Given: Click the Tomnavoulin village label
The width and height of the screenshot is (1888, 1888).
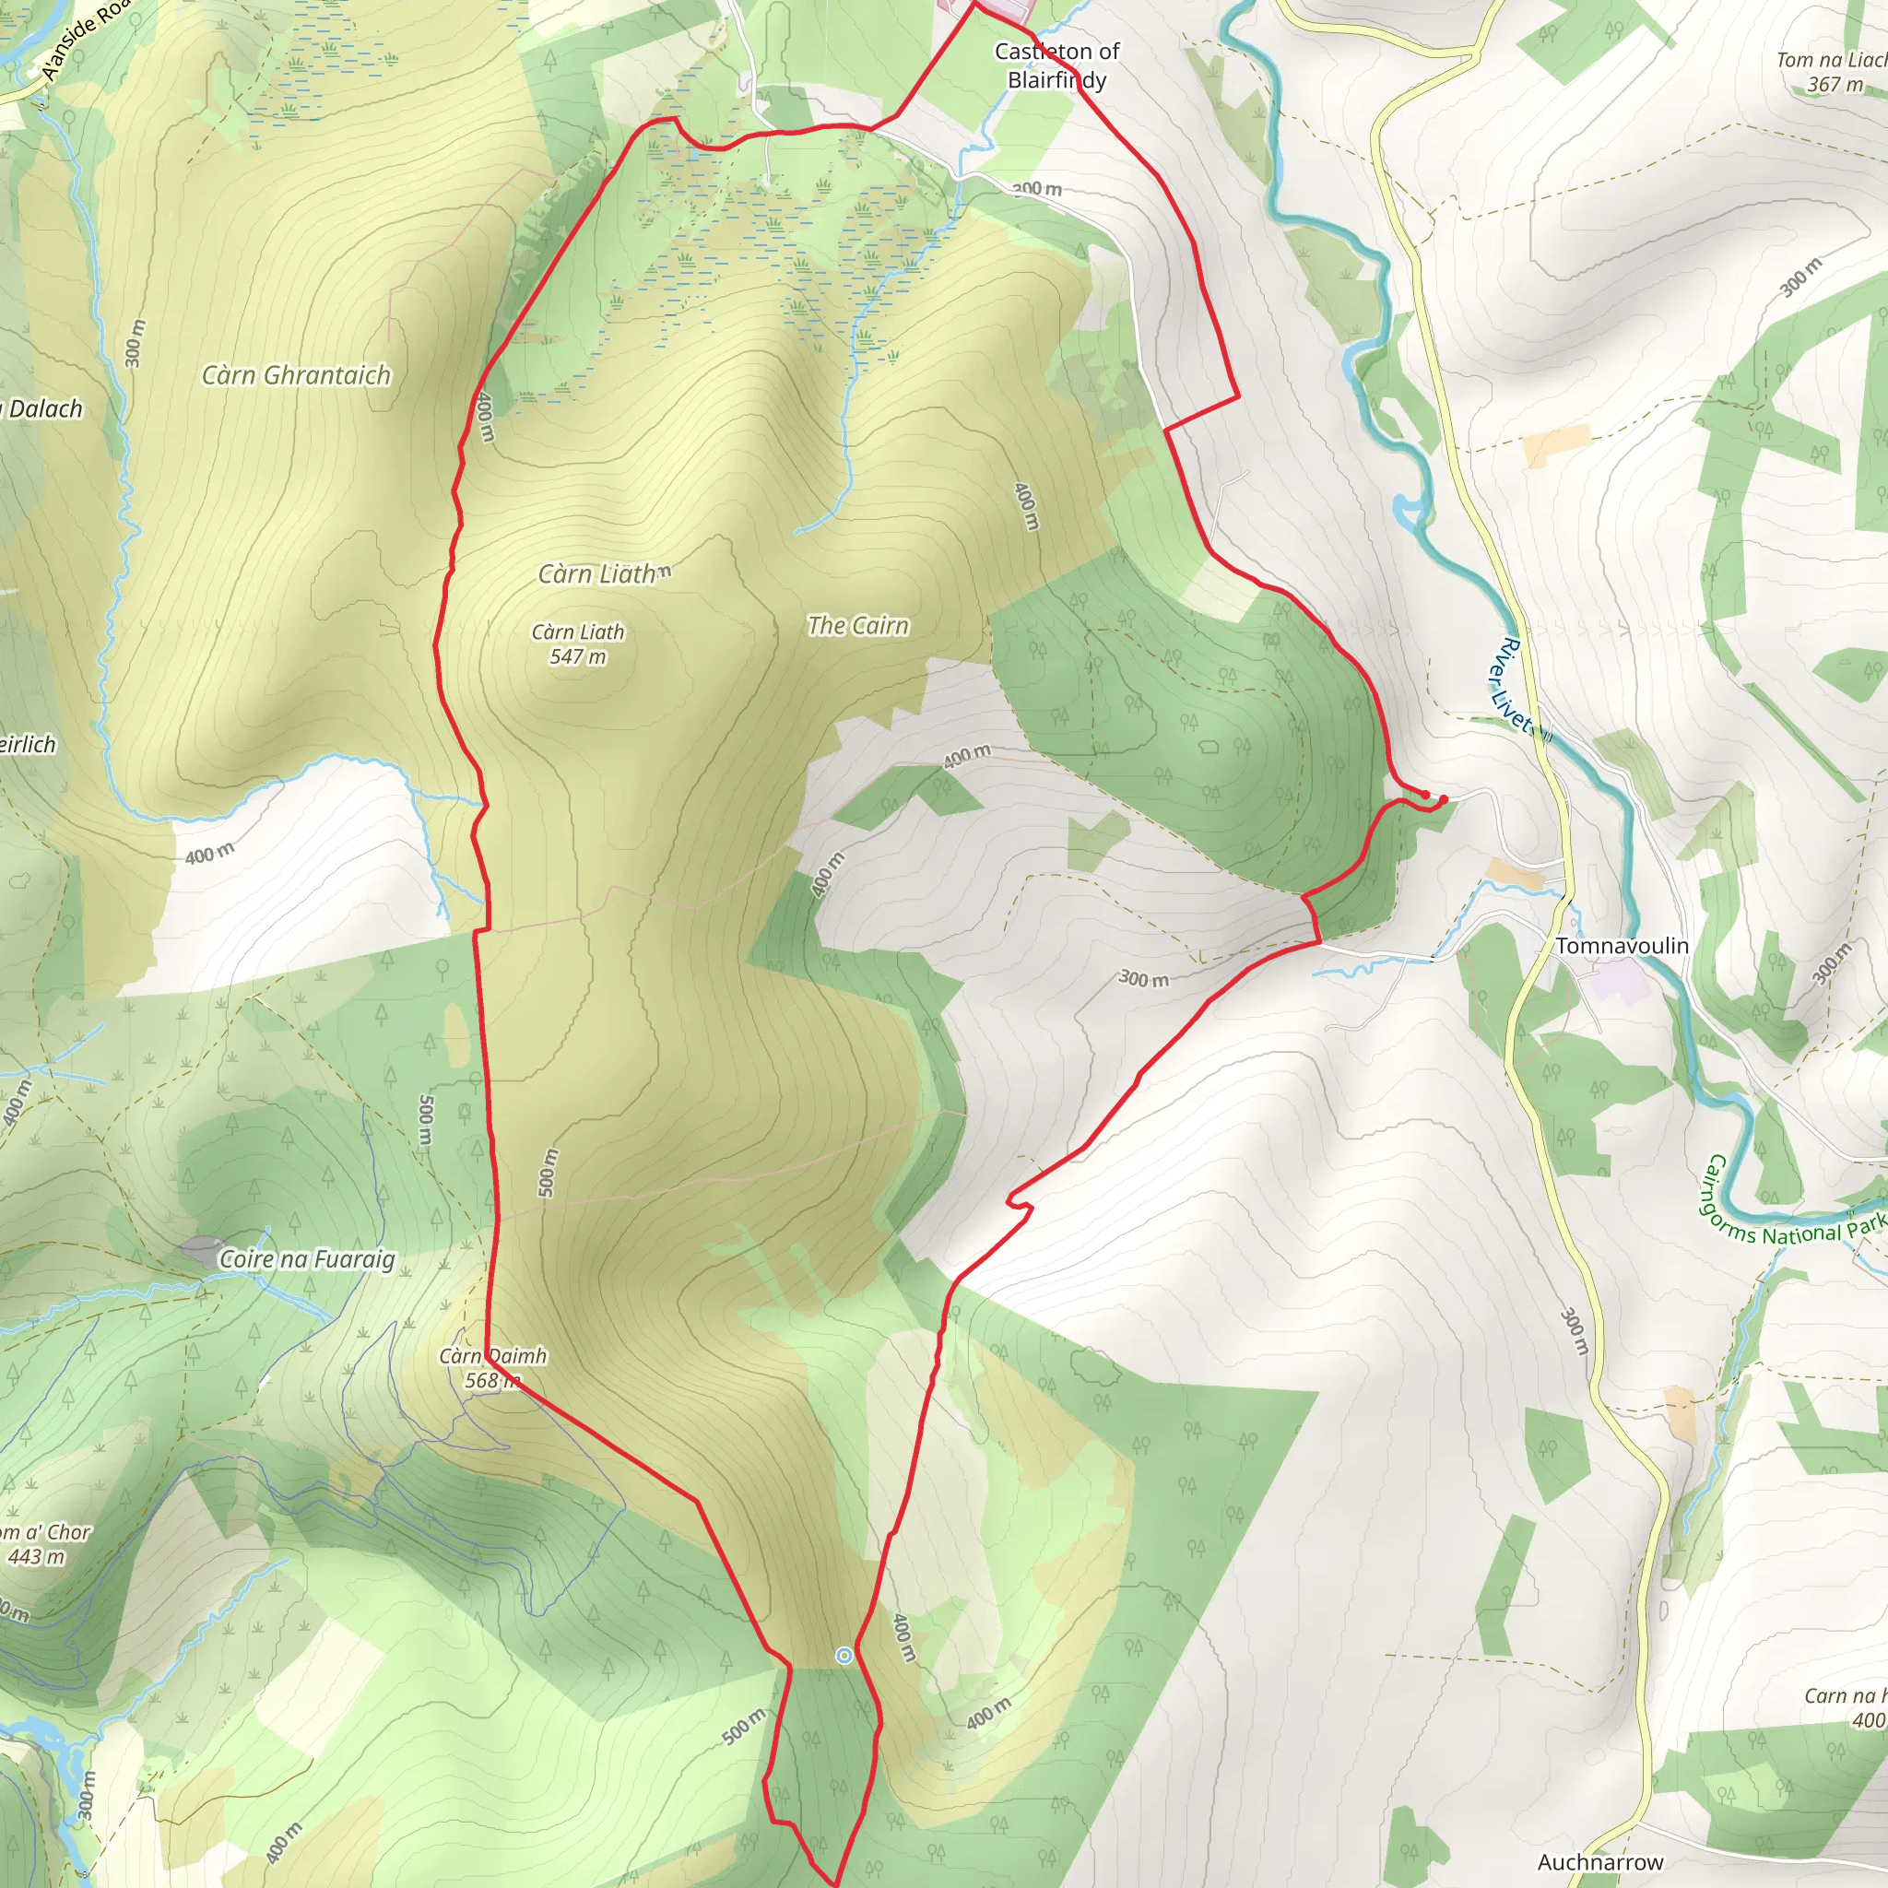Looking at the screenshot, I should point(1622,946).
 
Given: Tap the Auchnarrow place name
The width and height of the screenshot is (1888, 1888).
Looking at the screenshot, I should point(1599,1861).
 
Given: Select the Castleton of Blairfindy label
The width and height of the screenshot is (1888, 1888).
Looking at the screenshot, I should point(1056,65).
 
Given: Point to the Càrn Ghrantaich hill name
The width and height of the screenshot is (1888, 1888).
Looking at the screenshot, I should point(296,375).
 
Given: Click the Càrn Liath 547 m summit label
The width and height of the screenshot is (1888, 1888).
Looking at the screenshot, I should point(577,644).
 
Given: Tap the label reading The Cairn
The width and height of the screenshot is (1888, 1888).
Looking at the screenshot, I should point(858,625).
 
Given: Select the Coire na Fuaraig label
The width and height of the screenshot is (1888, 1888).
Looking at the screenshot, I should point(307,1258).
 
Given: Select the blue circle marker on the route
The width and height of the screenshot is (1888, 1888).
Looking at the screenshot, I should point(844,1655).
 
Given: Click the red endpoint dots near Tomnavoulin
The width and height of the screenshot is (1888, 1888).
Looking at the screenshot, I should point(1434,797).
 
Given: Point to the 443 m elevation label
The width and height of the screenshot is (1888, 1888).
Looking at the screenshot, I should point(37,1557).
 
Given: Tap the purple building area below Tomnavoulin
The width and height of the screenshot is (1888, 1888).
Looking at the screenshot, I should point(1619,978).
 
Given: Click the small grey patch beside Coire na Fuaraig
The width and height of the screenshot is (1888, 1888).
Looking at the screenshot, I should point(201,1249).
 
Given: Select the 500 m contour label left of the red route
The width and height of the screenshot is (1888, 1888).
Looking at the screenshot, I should point(425,1120).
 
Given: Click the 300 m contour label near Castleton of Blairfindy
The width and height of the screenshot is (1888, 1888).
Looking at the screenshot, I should point(1036,189).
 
